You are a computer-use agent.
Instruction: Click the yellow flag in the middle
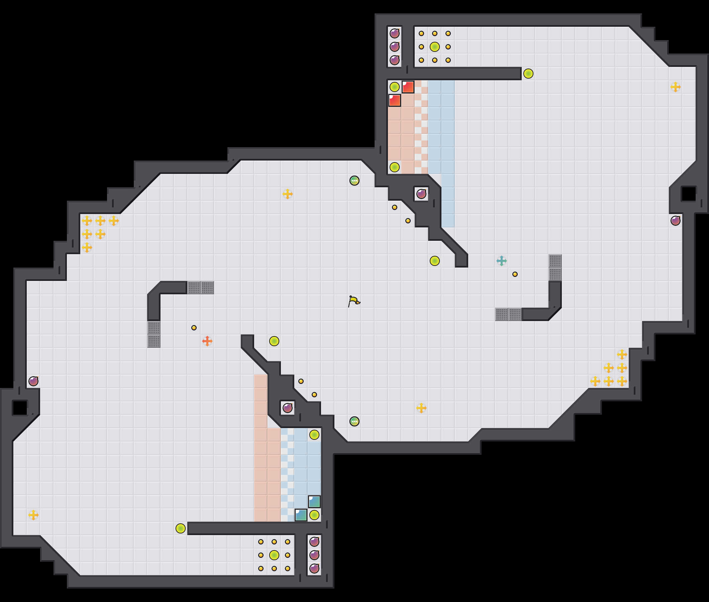[354, 301]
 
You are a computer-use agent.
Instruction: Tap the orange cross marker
[207, 341]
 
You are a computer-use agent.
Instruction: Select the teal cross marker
[502, 261]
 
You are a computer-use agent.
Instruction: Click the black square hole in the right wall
[689, 194]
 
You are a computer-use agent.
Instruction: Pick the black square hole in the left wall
[20, 408]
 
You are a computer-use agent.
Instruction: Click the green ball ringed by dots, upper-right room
[435, 47]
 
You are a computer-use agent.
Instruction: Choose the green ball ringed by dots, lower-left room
[274, 555]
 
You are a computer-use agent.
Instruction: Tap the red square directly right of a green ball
[408, 87]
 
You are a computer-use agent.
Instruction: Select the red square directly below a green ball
[394, 100]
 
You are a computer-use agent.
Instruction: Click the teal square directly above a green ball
[314, 502]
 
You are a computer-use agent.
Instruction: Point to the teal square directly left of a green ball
[301, 515]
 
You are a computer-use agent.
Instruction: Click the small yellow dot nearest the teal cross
[515, 274]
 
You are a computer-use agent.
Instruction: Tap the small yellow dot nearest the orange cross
[194, 328]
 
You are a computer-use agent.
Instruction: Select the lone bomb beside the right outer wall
[676, 220]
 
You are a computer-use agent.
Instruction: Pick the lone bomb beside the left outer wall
[33, 381]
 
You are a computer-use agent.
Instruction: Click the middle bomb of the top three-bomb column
[394, 47]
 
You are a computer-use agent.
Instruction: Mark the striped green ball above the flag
[354, 181]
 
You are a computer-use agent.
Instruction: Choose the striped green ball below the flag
[354, 421]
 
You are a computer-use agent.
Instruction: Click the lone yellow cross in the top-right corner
[676, 87]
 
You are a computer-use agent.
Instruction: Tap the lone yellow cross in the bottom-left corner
[33, 515]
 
